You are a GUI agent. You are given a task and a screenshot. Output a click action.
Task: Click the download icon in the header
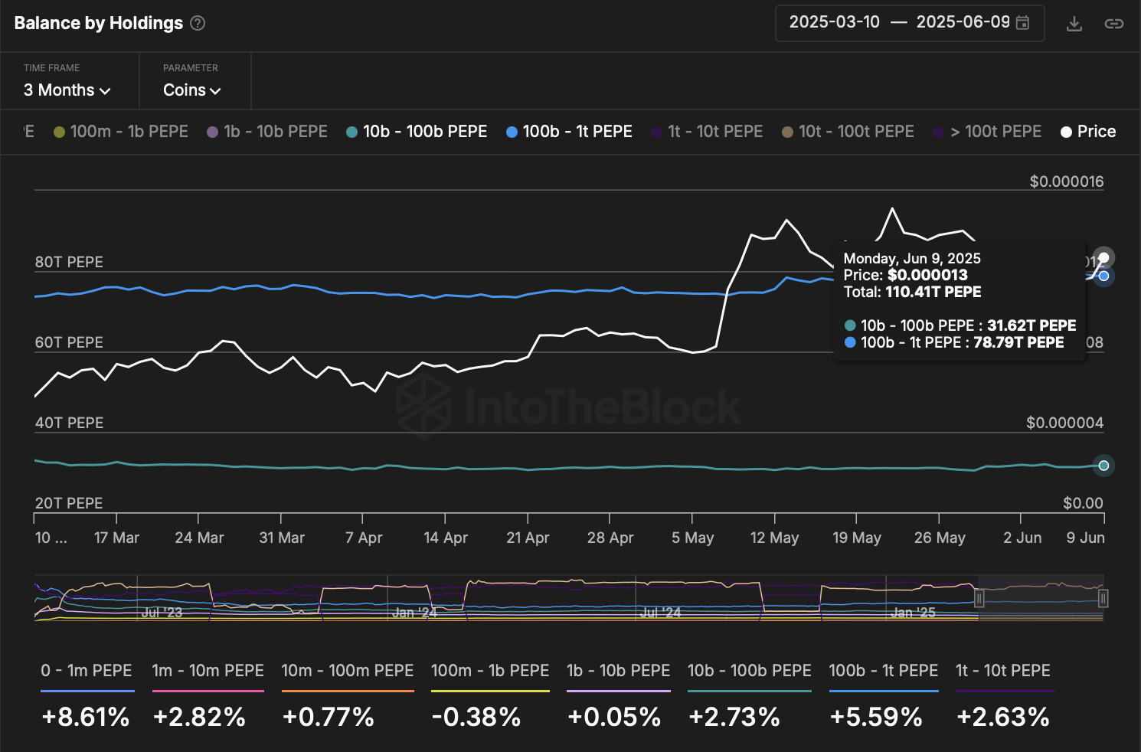[1074, 24]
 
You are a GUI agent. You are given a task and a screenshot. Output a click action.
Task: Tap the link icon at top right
[1113, 24]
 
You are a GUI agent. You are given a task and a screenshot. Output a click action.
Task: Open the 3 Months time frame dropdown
[67, 90]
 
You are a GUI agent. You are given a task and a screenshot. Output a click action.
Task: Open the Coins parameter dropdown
[191, 90]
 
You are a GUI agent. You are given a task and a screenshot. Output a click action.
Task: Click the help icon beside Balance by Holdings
[198, 23]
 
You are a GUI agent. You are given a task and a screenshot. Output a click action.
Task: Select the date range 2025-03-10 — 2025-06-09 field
[909, 22]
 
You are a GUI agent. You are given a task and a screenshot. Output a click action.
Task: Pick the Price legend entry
[1088, 132]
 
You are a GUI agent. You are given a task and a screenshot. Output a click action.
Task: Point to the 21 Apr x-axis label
[528, 538]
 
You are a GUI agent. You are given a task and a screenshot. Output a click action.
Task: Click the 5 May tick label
[692, 538]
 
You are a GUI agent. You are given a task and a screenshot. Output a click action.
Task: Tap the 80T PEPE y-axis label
[69, 262]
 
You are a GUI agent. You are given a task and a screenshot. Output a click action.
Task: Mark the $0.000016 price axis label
[1066, 181]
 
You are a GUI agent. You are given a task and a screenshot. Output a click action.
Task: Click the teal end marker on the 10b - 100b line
[1103, 466]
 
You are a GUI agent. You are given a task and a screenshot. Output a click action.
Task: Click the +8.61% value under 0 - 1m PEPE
[86, 717]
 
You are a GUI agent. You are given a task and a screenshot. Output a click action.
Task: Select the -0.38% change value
[476, 717]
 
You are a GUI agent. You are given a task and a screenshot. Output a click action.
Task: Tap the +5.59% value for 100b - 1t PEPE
[876, 717]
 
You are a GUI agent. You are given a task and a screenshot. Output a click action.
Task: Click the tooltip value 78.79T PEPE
[1018, 342]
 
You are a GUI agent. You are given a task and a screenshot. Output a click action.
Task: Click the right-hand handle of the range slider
[1103, 598]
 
